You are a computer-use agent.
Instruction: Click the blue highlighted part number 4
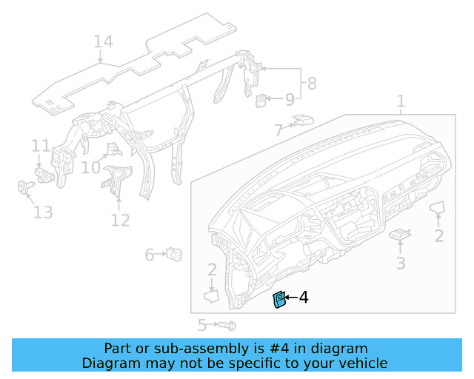[x=280, y=300]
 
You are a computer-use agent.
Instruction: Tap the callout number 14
[x=103, y=41]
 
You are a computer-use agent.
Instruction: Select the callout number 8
[x=312, y=84]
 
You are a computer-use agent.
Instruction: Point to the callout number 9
[x=290, y=98]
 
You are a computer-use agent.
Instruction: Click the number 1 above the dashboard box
[x=401, y=101]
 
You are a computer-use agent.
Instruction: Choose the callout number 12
[x=120, y=220]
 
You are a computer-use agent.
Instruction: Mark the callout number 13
[x=43, y=212]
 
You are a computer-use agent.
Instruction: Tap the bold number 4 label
[x=303, y=298]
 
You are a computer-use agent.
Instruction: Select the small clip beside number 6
[x=176, y=254]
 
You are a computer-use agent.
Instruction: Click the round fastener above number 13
[x=24, y=187]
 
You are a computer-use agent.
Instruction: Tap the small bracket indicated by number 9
[x=262, y=99]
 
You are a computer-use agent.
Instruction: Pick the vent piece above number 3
[x=400, y=234]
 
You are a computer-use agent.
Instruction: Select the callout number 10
[x=90, y=168]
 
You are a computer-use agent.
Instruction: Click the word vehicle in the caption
[x=361, y=363]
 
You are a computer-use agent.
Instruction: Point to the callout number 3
[x=400, y=263]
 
